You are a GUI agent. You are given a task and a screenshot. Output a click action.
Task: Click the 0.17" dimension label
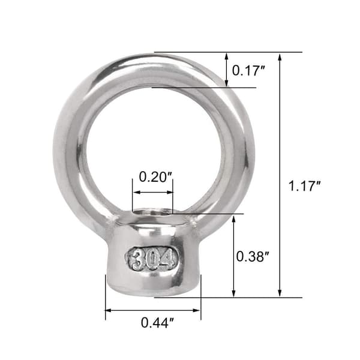coord(248,70)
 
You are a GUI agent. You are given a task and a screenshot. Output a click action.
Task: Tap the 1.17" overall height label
coord(304,186)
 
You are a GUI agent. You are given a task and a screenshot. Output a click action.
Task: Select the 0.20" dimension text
coord(155,177)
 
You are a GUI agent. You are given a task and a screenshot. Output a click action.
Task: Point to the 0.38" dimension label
coord(253,256)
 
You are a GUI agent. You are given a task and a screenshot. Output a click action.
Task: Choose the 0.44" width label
coord(157,323)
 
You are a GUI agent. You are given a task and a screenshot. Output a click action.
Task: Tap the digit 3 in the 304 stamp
coord(137,260)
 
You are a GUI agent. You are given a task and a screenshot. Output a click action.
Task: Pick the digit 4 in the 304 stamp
coord(166,260)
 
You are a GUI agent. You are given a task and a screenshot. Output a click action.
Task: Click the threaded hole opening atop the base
coord(152,211)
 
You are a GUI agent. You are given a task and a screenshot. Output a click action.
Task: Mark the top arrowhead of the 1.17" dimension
coord(280,57)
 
